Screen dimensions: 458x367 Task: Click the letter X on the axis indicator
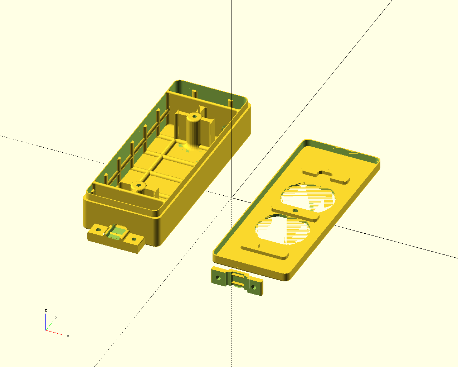coord(68,336)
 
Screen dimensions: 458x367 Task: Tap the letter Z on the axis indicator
coord(45,310)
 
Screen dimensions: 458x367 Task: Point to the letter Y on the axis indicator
coord(56,318)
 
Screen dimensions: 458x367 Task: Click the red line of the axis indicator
coord(55,333)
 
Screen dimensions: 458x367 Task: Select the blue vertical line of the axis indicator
coord(45,322)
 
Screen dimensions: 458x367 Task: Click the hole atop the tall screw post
coord(194,116)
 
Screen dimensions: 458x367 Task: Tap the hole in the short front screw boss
coord(139,185)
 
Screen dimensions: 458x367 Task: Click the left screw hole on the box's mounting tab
coord(98,230)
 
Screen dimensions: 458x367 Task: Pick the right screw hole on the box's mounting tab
coord(134,239)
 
